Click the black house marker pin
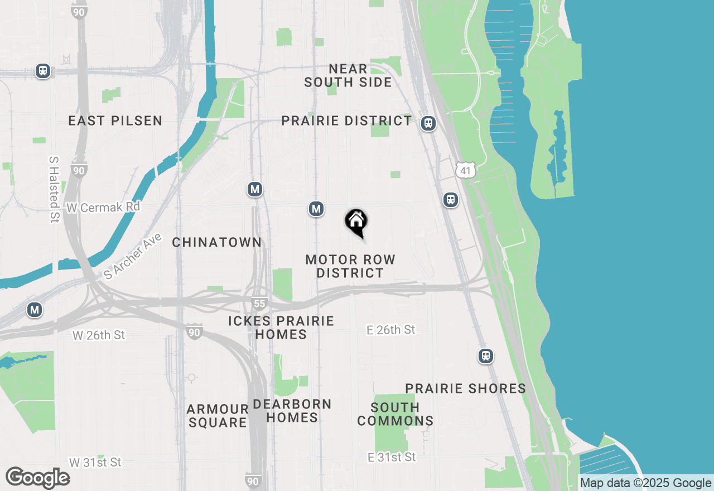[x=356, y=223]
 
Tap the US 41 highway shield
[x=465, y=170]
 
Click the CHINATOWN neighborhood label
[x=217, y=242]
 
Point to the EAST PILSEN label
[x=115, y=121]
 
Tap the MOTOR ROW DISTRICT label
[x=350, y=266]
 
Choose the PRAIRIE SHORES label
[x=466, y=388]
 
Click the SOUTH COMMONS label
[x=395, y=414]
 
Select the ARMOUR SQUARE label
[x=218, y=416]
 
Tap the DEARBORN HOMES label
[x=292, y=411]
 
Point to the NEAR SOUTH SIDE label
[x=348, y=75]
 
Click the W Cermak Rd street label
[x=103, y=208]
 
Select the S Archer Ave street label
[x=133, y=256]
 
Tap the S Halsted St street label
[x=54, y=189]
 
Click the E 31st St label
[x=392, y=457]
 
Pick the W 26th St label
[x=99, y=335]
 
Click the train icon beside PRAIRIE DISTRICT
[x=428, y=123]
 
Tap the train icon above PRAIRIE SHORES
[x=486, y=356]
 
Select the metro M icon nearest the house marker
[x=316, y=209]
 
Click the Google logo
[x=37, y=478]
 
